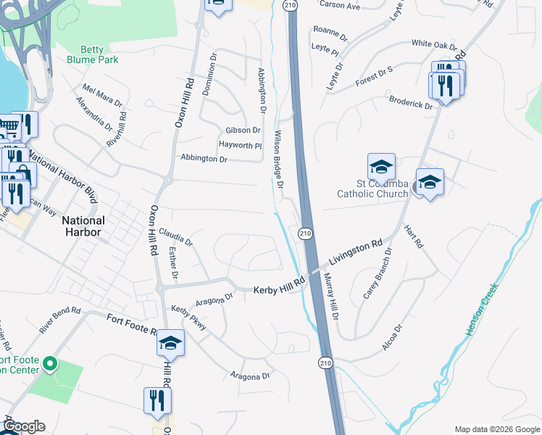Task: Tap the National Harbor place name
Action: pos(83,226)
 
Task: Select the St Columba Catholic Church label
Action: pos(373,188)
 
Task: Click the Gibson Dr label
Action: pos(243,130)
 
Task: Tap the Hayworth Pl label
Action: pos(240,145)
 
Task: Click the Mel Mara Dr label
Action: pos(102,95)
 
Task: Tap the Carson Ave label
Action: pos(339,6)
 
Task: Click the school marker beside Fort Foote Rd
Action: pos(170,343)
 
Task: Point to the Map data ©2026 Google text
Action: pos(496,428)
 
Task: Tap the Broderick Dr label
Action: pos(411,101)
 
